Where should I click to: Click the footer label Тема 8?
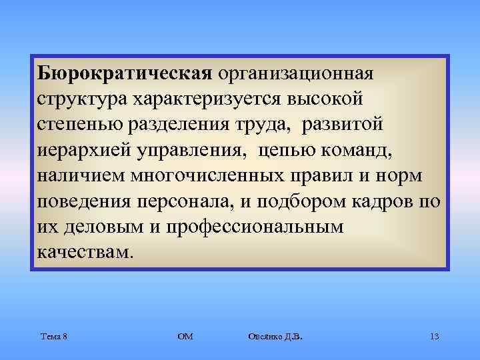53,336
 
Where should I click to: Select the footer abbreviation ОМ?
186,336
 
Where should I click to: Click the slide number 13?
434,336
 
